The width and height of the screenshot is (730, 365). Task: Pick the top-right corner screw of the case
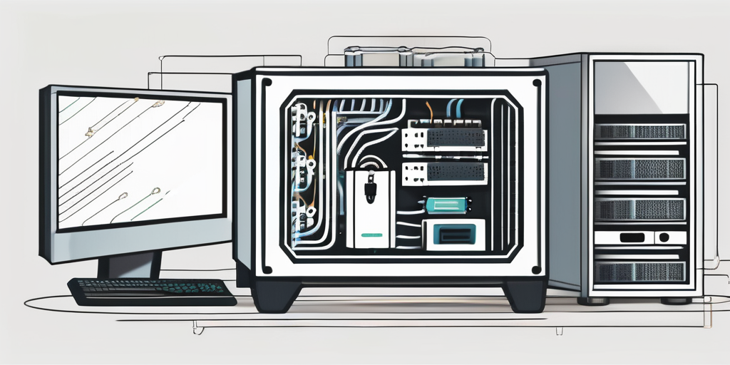pyautogui.click(x=536, y=83)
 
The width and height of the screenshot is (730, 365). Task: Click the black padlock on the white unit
pyautogui.click(x=371, y=190)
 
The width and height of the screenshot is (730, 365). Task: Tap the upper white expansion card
pyautogui.click(x=443, y=138)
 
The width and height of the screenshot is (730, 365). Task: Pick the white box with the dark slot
pyautogui.click(x=453, y=235)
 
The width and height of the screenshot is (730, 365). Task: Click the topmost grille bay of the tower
pyautogui.click(x=639, y=131)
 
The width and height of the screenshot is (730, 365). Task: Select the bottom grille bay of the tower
pyautogui.click(x=639, y=272)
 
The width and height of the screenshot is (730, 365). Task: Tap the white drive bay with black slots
pyautogui.click(x=639, y=237)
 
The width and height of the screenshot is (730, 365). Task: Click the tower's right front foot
pyautogui.click(x=675, y=301)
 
